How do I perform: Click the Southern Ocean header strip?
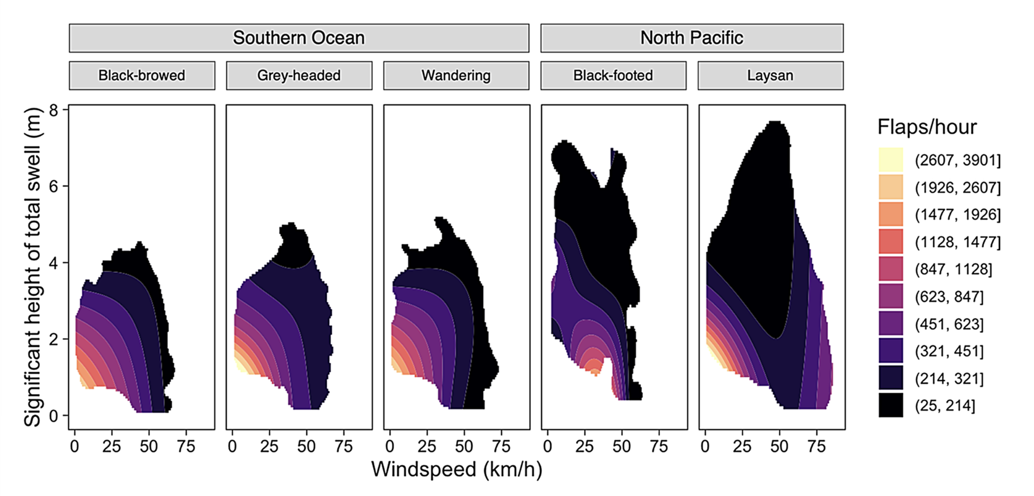point(299,38)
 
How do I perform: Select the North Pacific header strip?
point(692,38)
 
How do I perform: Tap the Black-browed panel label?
point(142,76)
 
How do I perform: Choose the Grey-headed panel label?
point(299,76)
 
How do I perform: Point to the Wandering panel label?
point(456,76)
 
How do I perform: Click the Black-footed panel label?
point(613,76)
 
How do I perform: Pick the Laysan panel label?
point(770,76)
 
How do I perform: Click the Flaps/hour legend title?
point(927,127)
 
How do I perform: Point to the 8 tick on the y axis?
point(54,110)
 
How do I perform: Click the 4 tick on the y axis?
point(54,263)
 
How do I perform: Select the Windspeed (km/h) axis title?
point(457,470)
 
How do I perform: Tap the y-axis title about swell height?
point(33,267)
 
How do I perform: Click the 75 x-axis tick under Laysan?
point(816,446)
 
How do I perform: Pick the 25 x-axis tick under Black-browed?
point(111,446)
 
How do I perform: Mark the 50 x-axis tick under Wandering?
point(464,446)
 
